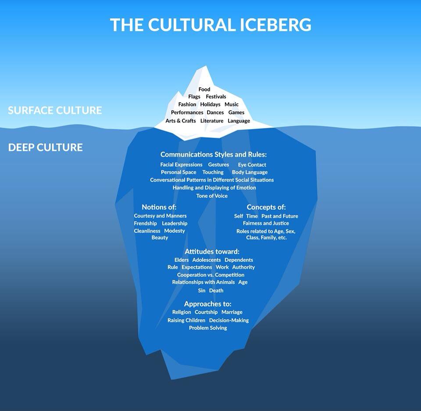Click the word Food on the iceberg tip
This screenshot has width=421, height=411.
pyautogui.click(x=204, y=89)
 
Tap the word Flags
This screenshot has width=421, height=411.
pyautogui.click(x=194, y=96)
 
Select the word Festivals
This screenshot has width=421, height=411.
pyautogui.click(x=216, y=96)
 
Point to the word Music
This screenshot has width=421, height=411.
pyautogui.click(x=232, y=104)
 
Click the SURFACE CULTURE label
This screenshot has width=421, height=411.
pyautogui.click(x=55, y=111)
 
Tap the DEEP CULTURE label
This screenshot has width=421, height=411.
pyautogui.click(x=45, y=147)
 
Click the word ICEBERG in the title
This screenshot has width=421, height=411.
pyautogui.click(x=275, y=25)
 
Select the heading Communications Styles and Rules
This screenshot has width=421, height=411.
pyautogui.click(x=214, y=154)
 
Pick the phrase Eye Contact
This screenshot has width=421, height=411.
pyautogui.click(x=252, y=164)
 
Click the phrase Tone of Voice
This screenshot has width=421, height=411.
pyautogui.click(x=212, y=196)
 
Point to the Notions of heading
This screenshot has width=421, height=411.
pyautogui.click(x=159, y=207)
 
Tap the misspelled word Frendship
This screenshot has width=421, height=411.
pyautogui.click(x=145, y=224)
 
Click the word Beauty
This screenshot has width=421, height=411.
pyautogui.click(x=160, y=238)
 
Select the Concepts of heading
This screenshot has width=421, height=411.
pyautogui.click(x=266, y=207)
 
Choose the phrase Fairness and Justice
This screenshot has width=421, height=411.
pyautogui.click(x=266, y=223)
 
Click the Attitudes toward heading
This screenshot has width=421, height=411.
pyautogui.click(x=212, y=251)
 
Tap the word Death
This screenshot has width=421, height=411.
pyautogui.click(x=216, y=290)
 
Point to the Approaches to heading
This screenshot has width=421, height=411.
pyautogui.click(x=207, y=304)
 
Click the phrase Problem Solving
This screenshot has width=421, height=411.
pyautogui.click(x=208, y=328)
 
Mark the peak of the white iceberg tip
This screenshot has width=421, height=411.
pyautogui.click(x=206, y=66)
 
